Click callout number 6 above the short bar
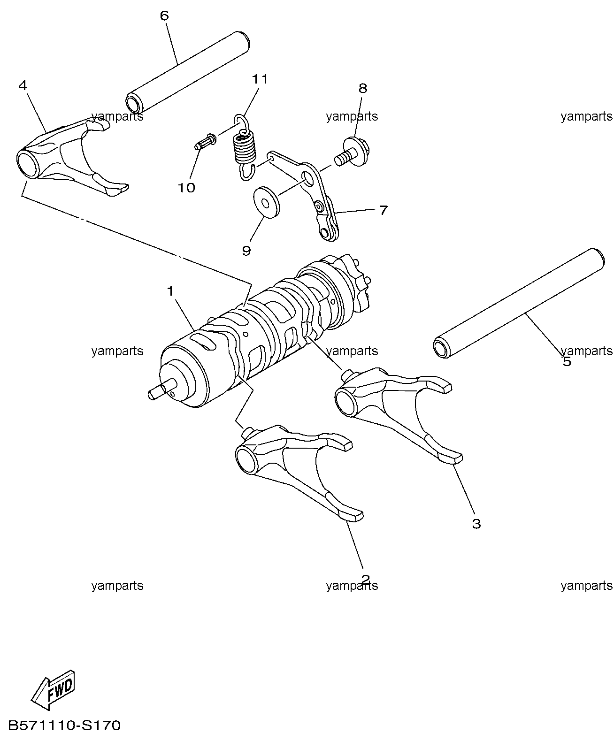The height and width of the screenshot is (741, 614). pos(164,15)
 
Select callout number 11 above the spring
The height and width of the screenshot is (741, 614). pos(260,79)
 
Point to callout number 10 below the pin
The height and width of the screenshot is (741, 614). pos(186,188)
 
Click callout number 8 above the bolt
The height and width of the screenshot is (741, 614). pos(362,88)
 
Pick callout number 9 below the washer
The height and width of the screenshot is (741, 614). pos(246,251)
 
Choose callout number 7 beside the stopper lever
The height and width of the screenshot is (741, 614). pos(384,210)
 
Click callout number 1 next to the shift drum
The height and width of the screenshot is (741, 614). pos(170,291)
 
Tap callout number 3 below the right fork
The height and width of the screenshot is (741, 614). pos(476,524)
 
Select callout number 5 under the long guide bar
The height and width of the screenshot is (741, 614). pos(567,361)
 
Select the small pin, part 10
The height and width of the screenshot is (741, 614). pos(205,141)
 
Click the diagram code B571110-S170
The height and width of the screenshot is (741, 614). pos(65,726)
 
